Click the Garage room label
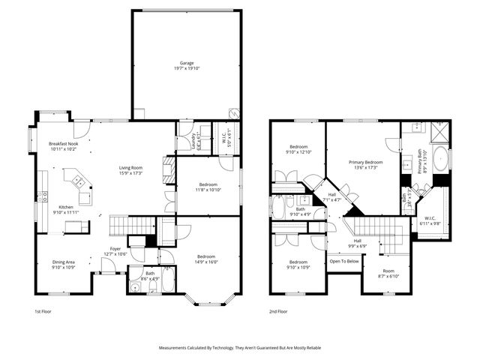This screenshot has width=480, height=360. (186, 62)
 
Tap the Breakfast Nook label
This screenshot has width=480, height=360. (64, 143)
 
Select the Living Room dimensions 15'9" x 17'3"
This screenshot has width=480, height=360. (130, 173)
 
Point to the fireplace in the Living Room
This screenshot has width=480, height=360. (169, 165)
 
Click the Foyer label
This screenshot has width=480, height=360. (115, 248)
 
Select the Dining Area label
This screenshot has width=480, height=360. (63, 262)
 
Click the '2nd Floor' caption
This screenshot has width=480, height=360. (278, 310)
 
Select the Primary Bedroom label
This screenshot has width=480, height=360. (365, 162)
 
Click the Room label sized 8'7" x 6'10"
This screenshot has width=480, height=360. (388, 273)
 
